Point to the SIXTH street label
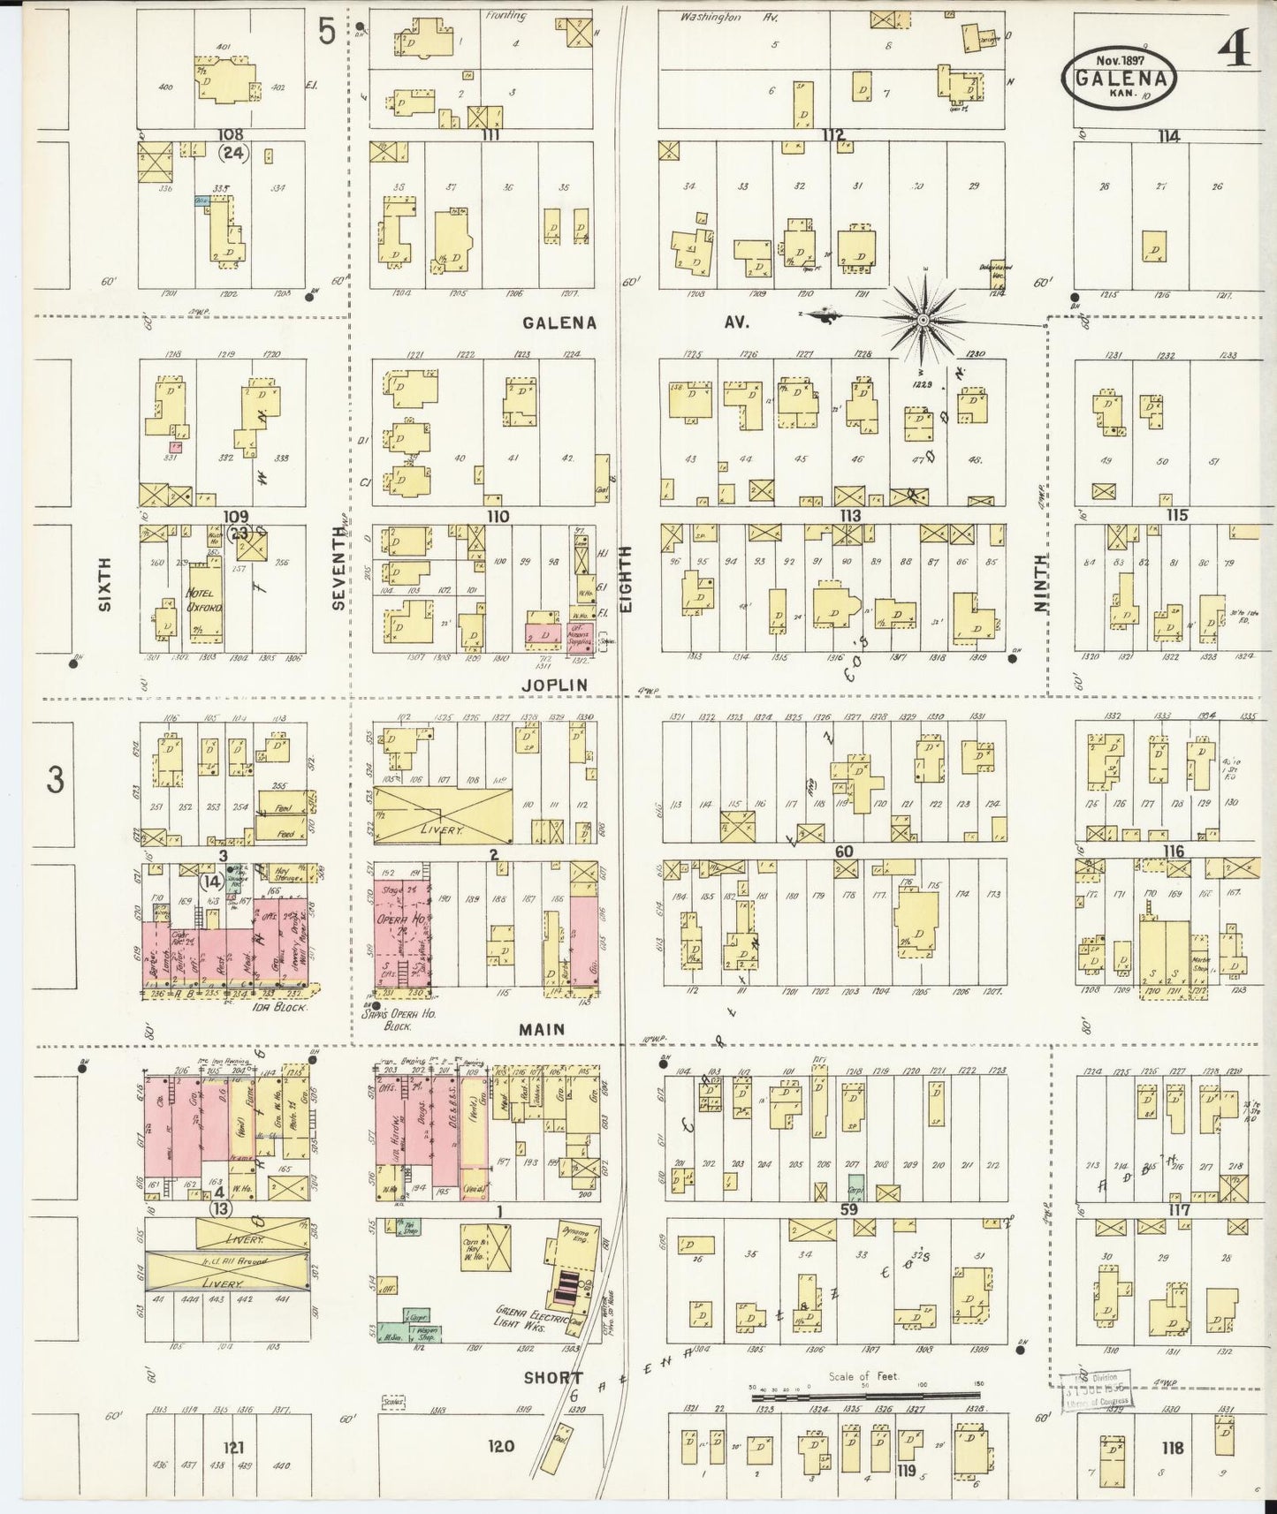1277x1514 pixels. click(105, 584)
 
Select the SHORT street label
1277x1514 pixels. click(553, 1377)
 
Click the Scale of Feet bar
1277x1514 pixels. click(864, 1398)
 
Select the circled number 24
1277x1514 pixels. click(233, 153)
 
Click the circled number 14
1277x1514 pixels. click(211, 881)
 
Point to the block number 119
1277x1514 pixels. click(904, 1471)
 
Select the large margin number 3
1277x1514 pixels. click(55, 781)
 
